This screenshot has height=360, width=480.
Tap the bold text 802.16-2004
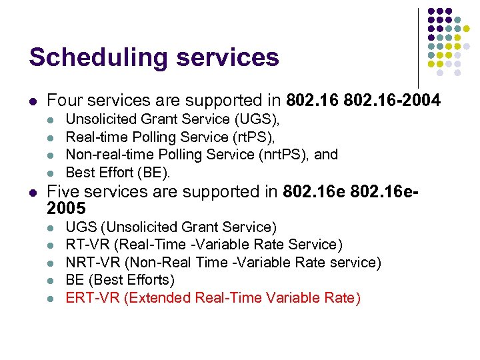(x=399, y=101)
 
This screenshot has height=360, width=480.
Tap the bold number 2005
(x=67, y=209)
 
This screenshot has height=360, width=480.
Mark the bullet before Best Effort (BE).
(x=53, y=173)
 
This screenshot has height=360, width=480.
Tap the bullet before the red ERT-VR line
(x=53, y=298)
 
